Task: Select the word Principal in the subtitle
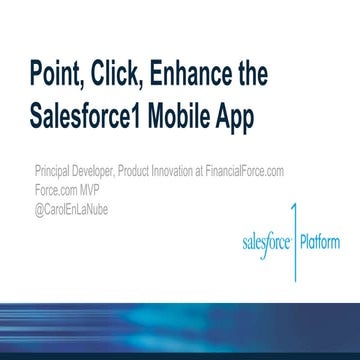coord(51,171)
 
